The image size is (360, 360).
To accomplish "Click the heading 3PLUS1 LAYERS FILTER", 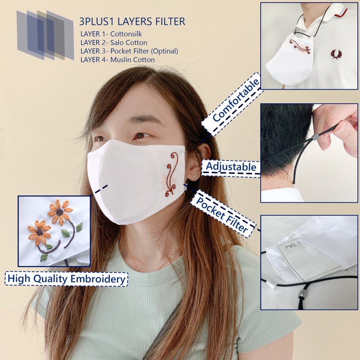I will [x=132, y=21].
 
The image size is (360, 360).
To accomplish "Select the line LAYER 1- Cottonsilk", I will [x=111, y=34].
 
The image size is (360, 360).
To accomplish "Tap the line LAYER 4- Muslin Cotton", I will [x=117, y=59].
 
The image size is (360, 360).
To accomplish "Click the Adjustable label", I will [x=231, y=167].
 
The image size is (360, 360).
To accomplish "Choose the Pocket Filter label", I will [x=222, y=214].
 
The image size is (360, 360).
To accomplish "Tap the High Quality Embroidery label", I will [x=66, y=279].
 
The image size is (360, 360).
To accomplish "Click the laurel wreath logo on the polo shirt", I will [x=336, y=54].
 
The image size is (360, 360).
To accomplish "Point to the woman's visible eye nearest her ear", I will [x=141, y=136].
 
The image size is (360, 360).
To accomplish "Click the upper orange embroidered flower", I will [x=60, y=211].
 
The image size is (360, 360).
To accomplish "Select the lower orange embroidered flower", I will [x=39, y=232].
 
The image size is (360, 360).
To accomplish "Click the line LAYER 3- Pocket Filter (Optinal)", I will [x=129, y=51].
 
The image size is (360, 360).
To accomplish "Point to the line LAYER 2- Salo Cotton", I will [x=114, y=43].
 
